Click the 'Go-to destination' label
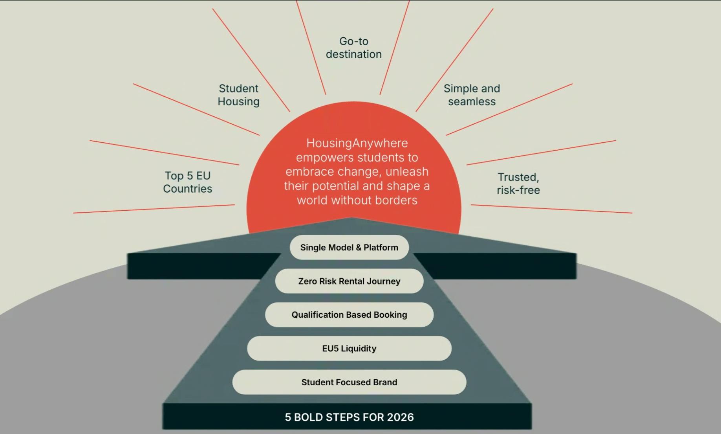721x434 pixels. point(354,48)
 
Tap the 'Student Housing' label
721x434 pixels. point(238,95)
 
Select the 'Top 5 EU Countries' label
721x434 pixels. point(187,182)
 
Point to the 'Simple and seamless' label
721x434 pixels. point(472,95)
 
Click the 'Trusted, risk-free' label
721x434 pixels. point(518,184)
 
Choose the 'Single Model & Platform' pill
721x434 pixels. point(349,247)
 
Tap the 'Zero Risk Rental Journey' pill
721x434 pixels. point(349,281)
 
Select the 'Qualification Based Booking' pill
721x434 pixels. point(349,314)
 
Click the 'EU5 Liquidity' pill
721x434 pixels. point(349,348)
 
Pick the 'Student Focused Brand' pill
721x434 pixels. point(349,382)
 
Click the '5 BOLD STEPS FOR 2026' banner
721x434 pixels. point(347,417)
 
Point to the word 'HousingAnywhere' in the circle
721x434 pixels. point(357,143)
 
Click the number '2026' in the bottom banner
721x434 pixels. point(401,417)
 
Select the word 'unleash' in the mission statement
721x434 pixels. point(407,172)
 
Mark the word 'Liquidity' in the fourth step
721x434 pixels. point(359,348)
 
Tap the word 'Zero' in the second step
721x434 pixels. point(306,281)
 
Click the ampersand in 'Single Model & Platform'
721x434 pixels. point(359,247)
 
